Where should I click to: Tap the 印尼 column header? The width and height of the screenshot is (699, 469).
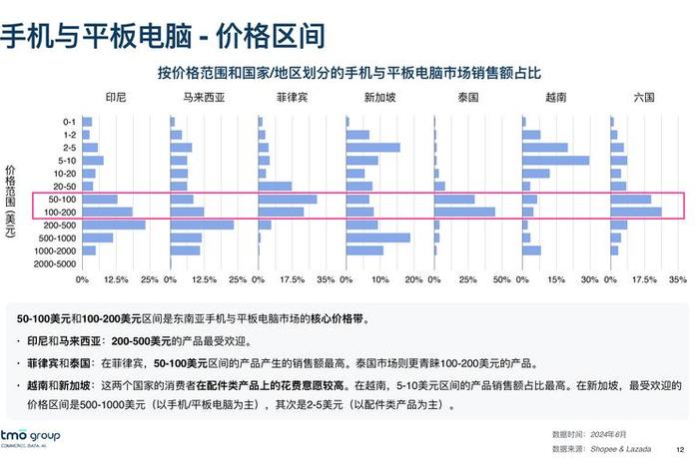pyautogui.click(x=115, y=98)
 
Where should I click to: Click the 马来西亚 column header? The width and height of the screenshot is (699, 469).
pyautogui.click(x=203, y=98)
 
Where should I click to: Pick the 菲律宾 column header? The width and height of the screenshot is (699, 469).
pyautogui.click(x=291, y=98)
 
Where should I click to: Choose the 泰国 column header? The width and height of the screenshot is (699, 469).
pyautogui.click(x=467, y=98)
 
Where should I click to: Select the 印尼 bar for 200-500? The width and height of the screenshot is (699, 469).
pyautogui.click(x=113, y=225)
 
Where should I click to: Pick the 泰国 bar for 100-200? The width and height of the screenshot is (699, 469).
pyautogui.click(x=464, y=212)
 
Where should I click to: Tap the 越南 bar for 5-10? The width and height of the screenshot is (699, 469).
pyautogui.click(x=555, y=160)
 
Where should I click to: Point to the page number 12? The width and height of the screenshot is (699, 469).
pyautogui.click(x=680, y=448)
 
